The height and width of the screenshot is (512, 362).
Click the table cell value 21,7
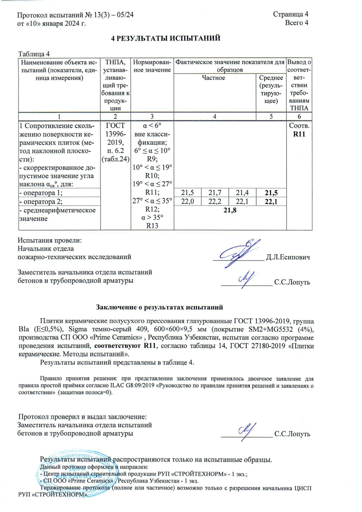click(215, 193)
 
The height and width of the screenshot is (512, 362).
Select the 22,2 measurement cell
click(215, 202)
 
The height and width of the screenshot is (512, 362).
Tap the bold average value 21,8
click(230, 210)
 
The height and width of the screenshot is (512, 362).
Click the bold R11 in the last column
click(299, 134)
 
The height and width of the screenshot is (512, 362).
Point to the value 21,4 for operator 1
click(242, 193)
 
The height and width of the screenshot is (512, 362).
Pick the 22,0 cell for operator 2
click(187, 202)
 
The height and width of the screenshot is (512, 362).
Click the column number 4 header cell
click(215, 116)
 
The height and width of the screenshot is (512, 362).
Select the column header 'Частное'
click(213, 78)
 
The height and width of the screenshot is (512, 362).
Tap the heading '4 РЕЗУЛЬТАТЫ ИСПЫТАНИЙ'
click(166, 38)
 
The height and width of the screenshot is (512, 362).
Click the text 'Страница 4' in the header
click(290, 14)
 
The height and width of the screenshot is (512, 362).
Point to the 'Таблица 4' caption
click(34, 54)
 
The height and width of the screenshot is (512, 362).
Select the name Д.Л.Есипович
click(288, 257)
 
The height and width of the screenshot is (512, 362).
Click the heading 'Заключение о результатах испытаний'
click(159, 307)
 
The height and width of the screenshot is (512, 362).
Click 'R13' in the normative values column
click(152, 226)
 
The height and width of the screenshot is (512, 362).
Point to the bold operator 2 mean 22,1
click(271, 202)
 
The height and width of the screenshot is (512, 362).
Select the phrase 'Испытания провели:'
click(50, 240)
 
